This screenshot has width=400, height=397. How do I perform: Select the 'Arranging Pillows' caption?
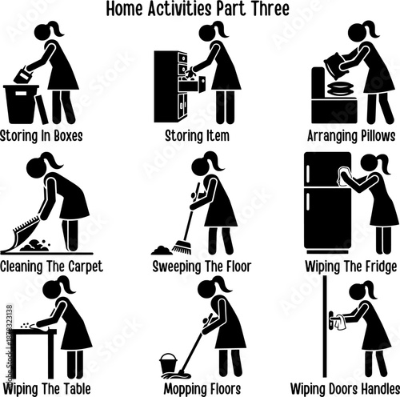[x=347, y=135]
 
